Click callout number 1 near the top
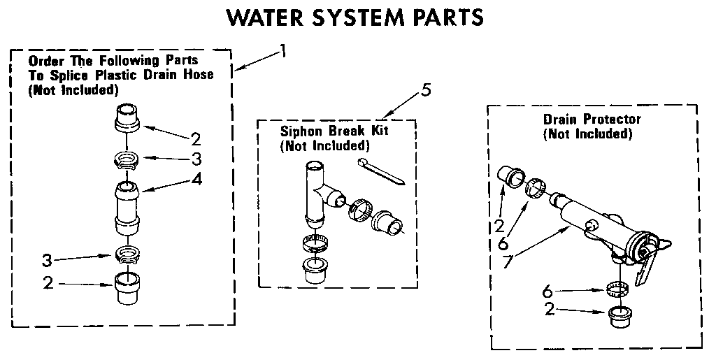(282, 50)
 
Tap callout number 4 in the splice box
(197, 179)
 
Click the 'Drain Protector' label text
(592, 120)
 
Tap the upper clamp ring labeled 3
(127, 160)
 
